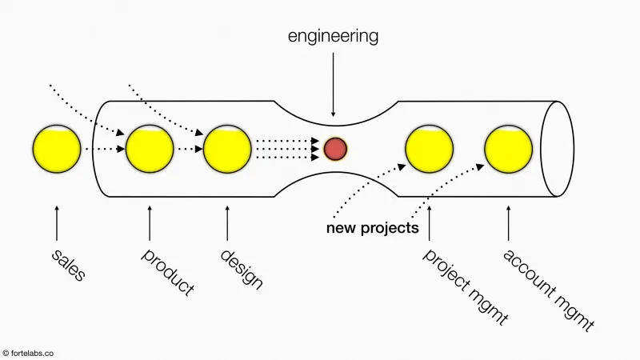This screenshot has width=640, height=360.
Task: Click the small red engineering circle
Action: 335,148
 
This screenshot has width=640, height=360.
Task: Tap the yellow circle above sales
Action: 57,149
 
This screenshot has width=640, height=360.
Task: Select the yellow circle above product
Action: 150,149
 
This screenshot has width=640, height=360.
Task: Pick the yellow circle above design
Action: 227,149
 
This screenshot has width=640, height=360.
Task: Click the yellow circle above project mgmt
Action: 430,149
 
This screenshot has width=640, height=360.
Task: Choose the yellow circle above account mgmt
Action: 508,149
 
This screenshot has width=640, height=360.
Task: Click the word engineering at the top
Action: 334,36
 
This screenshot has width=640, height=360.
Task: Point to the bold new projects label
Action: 372,228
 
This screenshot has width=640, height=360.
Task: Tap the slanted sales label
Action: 68,265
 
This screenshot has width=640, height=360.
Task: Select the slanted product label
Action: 168,272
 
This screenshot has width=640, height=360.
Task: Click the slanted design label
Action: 242,269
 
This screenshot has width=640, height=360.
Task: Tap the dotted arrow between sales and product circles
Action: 103,149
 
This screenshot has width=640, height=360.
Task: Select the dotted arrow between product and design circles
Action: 189,149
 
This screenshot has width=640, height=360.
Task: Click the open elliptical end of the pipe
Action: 558,149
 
